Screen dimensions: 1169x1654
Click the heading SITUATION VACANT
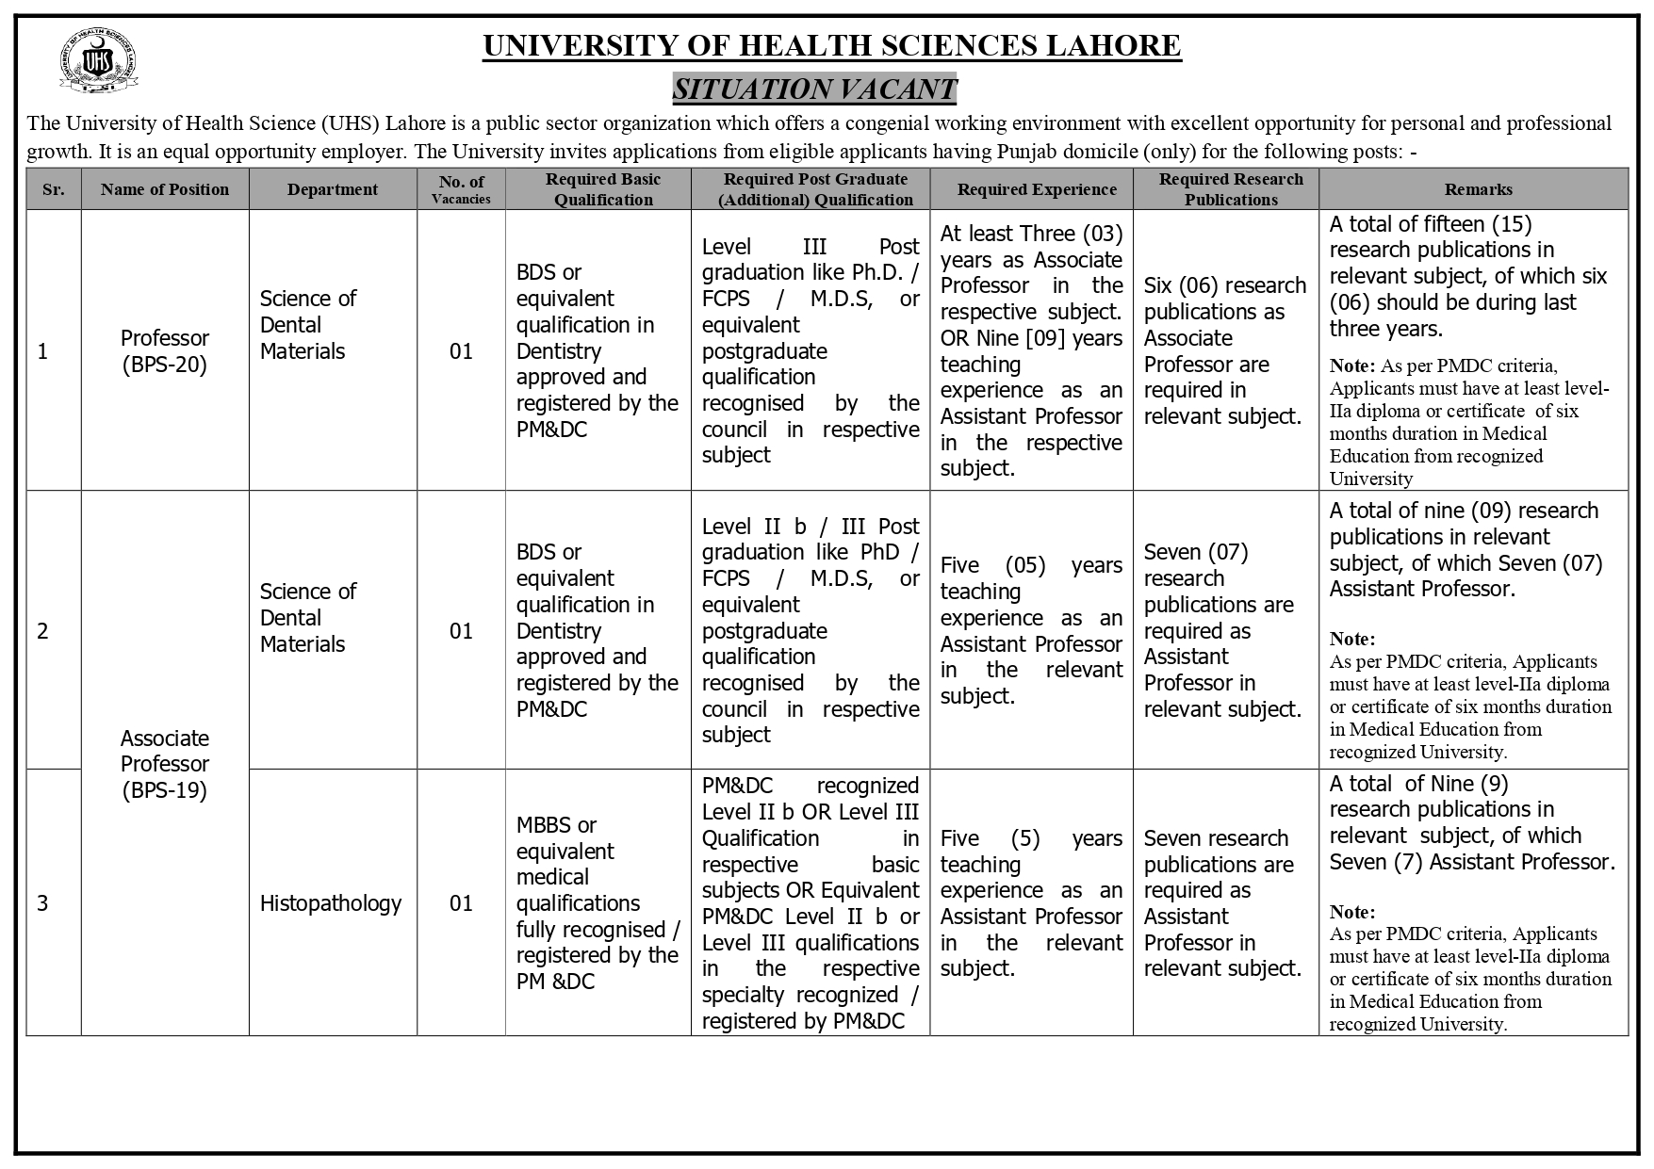[814, 89]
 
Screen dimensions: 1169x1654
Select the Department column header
[333, 189]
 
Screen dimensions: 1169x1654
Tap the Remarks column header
[1478, 189]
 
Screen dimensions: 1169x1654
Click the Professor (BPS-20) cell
[165, 351]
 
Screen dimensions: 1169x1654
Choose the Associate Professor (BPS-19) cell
[165, 764]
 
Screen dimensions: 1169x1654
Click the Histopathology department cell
[331, 903]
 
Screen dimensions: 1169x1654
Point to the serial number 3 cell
[42, 903]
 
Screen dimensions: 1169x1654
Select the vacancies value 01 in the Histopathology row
[461, 903]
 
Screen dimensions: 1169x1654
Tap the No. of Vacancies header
[462, 189]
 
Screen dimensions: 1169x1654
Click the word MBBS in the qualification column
[544, 825]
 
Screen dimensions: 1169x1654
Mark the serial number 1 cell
[42, 351]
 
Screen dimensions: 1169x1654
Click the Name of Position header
[165, 189]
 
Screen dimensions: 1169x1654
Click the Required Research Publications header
[1231, 189]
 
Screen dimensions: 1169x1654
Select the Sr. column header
[54, 189]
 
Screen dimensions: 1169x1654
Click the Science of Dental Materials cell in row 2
[307, 618]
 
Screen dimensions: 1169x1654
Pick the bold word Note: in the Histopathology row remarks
[1352, 912]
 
